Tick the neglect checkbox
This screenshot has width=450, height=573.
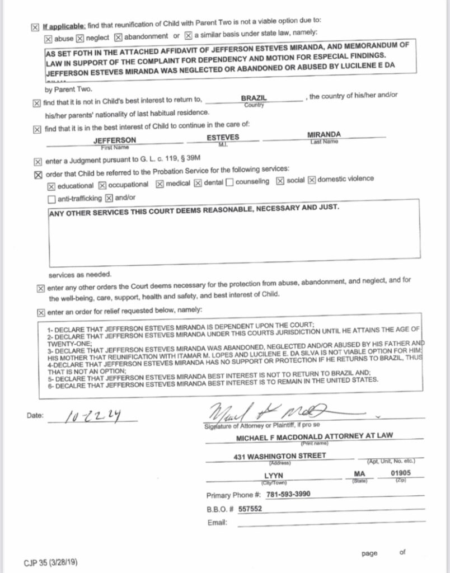79,38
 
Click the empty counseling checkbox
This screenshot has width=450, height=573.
229,182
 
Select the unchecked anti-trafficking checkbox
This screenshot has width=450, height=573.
52,199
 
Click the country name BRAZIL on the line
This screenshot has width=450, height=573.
254,98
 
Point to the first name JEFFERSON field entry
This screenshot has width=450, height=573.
114,140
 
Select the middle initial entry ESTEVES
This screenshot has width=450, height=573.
223,137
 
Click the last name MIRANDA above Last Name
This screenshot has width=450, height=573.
324,135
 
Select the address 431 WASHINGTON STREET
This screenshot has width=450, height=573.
279,456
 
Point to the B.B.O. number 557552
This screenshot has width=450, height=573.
250,509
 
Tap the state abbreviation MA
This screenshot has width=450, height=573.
359,475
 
